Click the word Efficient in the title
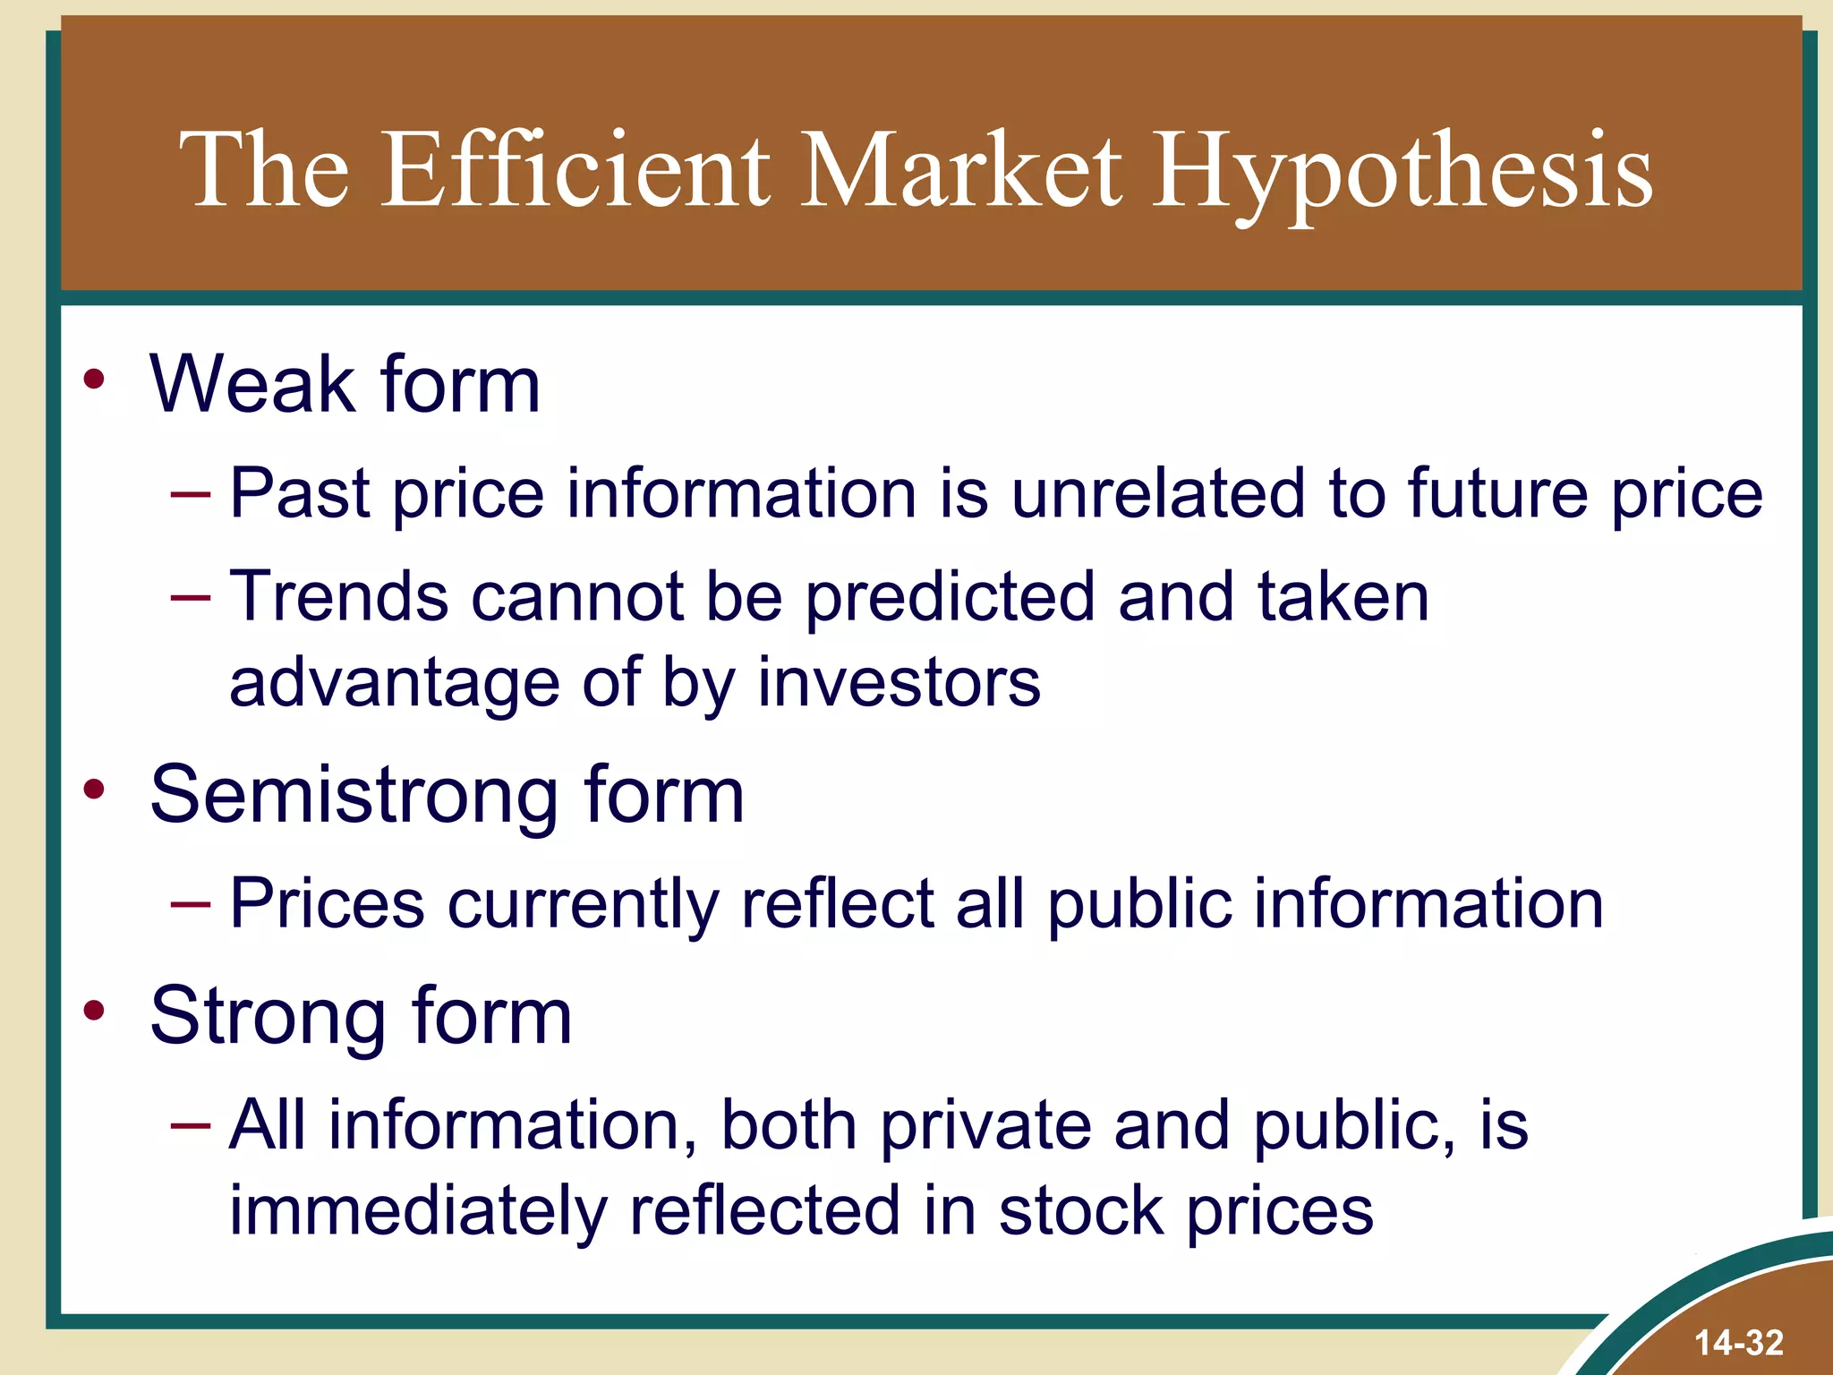pyautogui.click(x=577, y=170)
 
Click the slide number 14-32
pyautogui.click(x=1738, y=1343)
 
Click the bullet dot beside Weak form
pyautogui.click(x=94, y=380)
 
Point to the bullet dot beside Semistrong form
pyautogui.click(x=94, y=790)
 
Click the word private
pyautogui.click(x=985, y=1126)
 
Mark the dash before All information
pyautogui.click(x=191, y=1124)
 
